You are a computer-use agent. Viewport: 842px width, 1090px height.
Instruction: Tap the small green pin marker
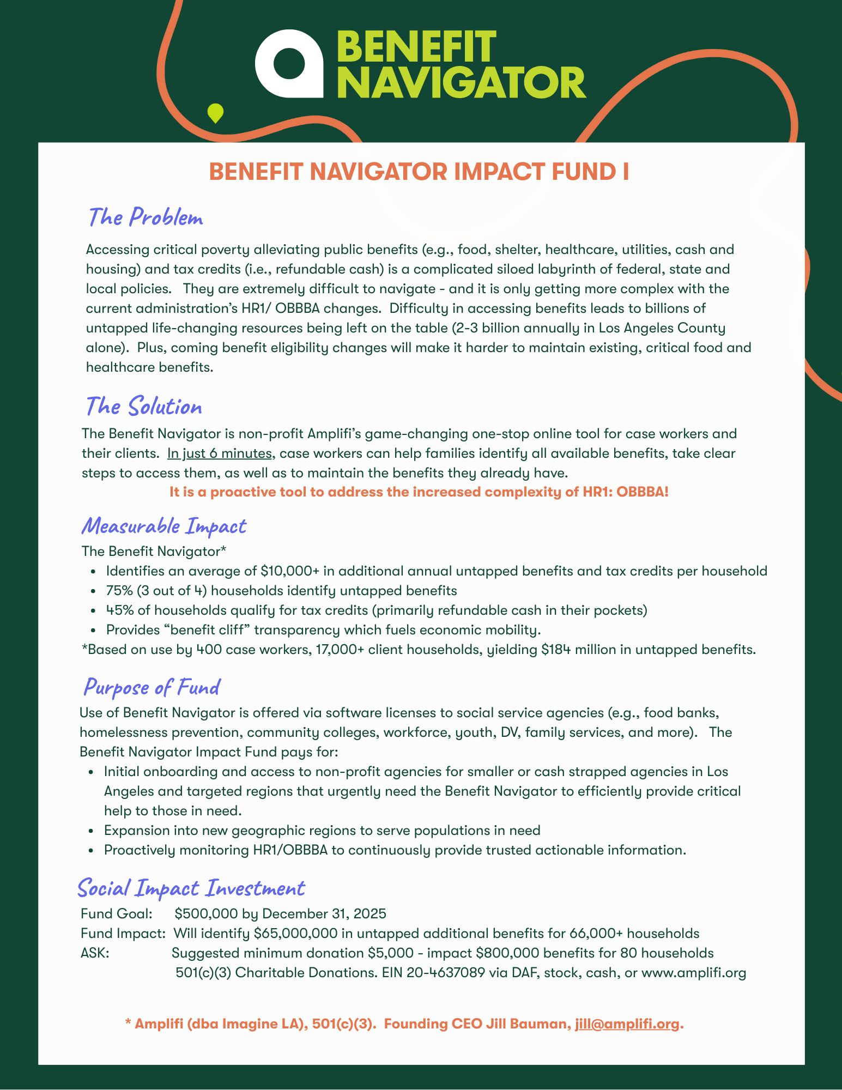coord(216,113)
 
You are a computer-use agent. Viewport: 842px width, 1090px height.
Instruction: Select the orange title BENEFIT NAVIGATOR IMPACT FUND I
coord(419,172)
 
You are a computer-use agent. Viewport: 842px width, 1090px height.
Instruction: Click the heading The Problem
coord(146,218)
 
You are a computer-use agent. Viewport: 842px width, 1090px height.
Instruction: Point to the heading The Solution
coord(144,407)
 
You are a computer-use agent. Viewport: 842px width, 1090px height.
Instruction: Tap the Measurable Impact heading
coord(163,526)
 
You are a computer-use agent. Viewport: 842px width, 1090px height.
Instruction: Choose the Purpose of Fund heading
coord(152,687)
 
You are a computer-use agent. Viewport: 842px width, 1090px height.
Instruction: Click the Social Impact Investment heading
coord(191,888)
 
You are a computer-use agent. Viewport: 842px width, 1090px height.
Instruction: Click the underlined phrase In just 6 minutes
coord(220,453)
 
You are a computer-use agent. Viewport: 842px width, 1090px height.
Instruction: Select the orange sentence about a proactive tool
coord(419,492)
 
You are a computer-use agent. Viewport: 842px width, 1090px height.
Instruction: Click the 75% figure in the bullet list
coord(118,591)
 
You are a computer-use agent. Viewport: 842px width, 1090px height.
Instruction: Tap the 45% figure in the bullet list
coord(119,610)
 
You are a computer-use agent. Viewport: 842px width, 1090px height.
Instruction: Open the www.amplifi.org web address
coord(694,973)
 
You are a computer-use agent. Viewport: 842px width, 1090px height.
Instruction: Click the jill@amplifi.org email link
coord(627,1024)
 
